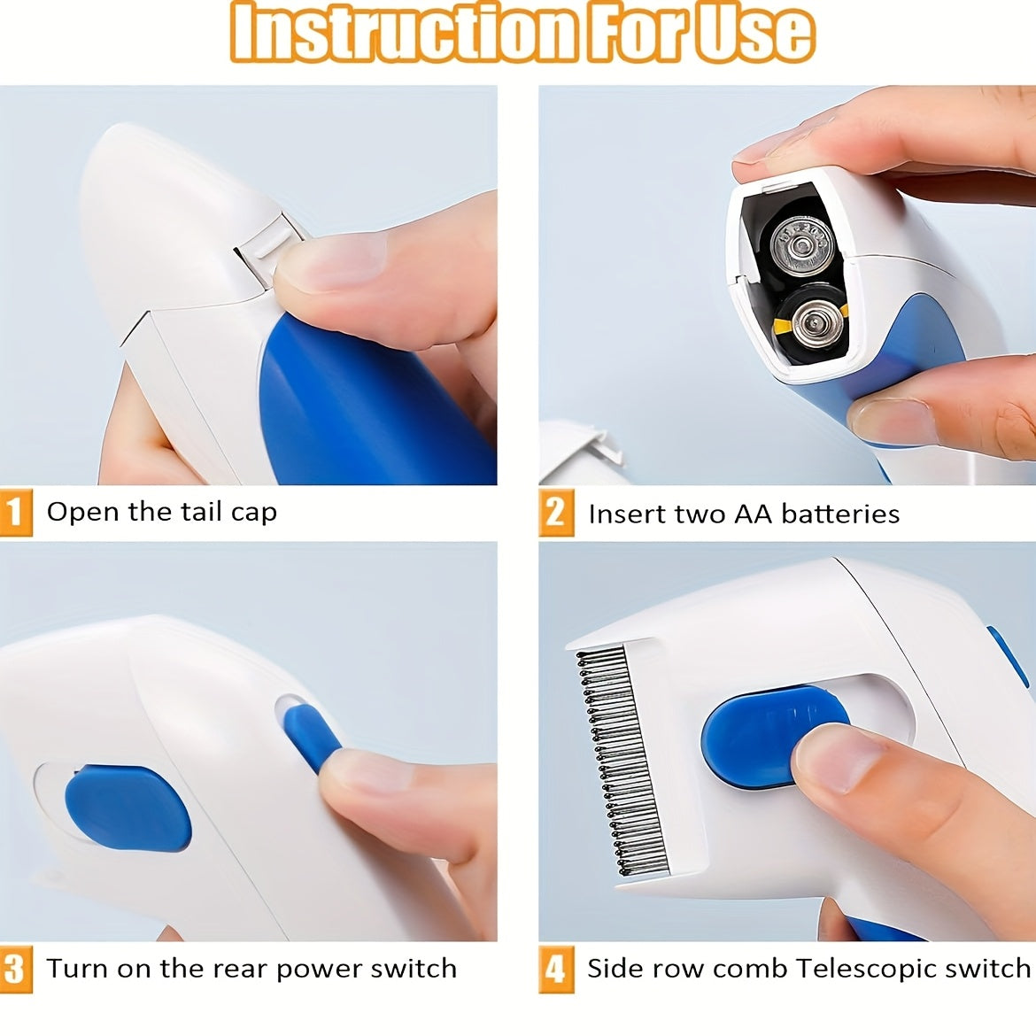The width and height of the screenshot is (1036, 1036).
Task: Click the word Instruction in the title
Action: coord(403,33)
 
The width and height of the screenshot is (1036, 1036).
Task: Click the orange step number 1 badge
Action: coord(15,513)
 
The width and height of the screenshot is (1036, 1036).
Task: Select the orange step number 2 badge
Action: coord(555,514)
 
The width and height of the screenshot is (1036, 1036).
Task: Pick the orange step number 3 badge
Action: coord(15,970)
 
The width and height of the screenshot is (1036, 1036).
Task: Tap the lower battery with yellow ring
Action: coord(808,325)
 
